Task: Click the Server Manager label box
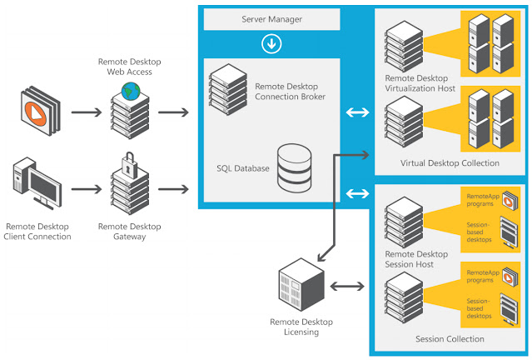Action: (x=271, y=18)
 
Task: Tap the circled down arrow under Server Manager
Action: (x=271, y=43)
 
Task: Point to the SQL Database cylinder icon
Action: (x=294, y=166)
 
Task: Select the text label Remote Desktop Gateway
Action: (x=128, y=231)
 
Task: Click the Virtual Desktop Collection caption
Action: (x=450, y=162)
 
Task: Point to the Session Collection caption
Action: (x=450, y=339)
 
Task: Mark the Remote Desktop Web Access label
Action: (x=128, y=66)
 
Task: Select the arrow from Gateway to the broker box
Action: (x=174, y=188)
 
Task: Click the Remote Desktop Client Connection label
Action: (x=38, y=231)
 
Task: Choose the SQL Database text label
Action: (x=241, y=167)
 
